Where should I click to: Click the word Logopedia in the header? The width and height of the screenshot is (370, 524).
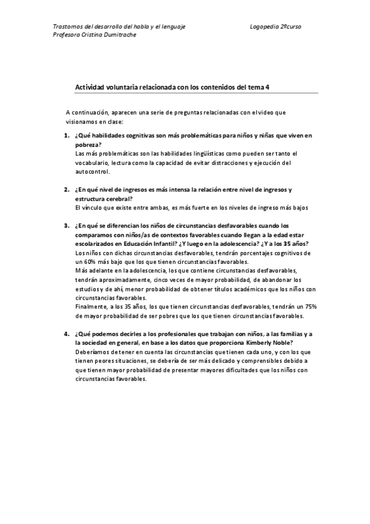pyautogui.click(x=265, y=27)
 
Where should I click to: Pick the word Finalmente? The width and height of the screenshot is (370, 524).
pyautogui.click(x=91, y=307)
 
